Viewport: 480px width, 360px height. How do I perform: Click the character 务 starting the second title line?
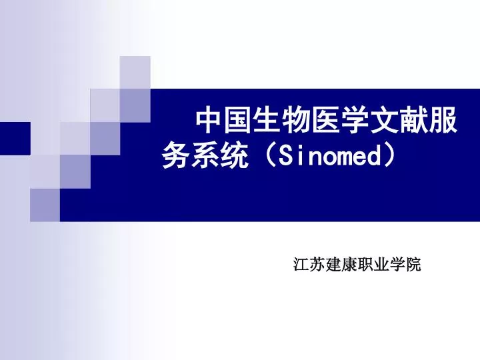[x=175, y=157]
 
